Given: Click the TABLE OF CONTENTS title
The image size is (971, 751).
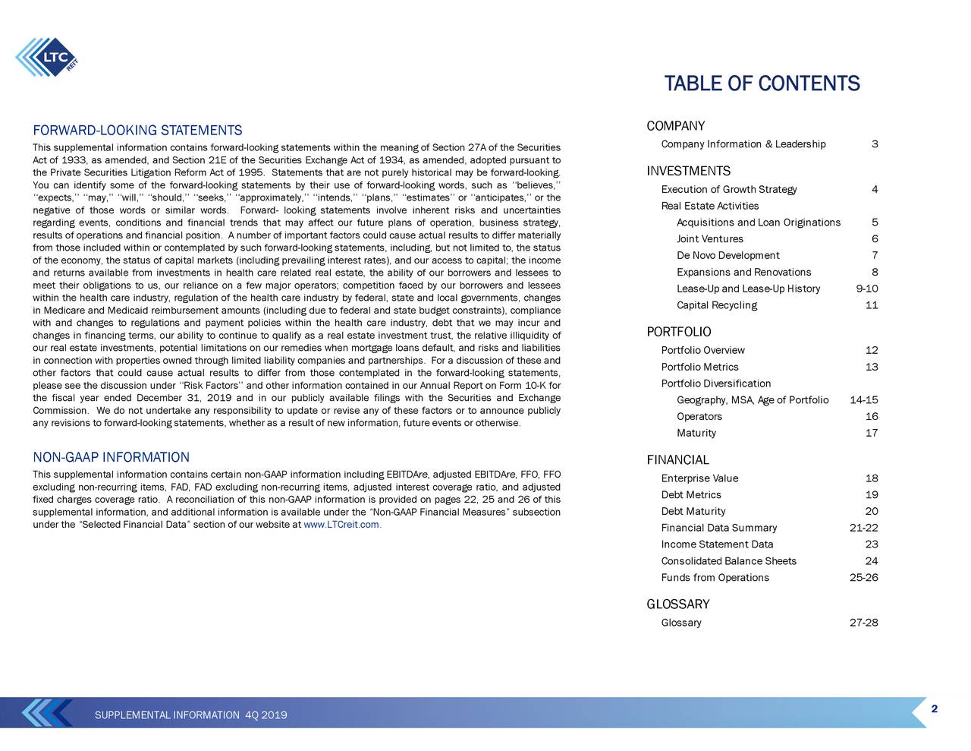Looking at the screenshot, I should coord(762,84).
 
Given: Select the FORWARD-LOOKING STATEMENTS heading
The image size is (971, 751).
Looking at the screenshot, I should coord(137,131).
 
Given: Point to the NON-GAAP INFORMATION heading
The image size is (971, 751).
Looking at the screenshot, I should coord(111,457).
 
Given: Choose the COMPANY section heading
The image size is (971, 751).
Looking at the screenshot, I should coord(675,126).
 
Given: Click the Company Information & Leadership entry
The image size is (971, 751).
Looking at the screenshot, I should coord(743,145).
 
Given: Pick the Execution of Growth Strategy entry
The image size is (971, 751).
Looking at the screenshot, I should coord(728,190).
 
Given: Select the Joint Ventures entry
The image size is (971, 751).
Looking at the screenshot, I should coord(709,239).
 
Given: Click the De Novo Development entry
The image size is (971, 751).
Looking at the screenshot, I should coord(727,256).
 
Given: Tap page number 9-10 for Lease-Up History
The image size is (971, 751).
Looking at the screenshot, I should coord(866,289).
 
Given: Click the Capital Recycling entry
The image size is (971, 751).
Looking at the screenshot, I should coord(716,305).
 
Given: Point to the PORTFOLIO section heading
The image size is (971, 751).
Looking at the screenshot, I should coord(678,332).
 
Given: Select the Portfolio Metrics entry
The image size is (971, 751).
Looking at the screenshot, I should coord(699,368).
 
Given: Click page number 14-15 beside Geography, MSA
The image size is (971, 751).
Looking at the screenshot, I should coord(864,400).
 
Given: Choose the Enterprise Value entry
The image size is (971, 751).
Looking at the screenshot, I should coord(699,478).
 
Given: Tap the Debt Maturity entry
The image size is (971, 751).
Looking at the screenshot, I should coord(693,511).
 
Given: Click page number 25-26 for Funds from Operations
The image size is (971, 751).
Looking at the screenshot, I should coord(864,578).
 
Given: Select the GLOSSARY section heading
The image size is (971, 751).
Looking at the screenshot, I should coord(677,604).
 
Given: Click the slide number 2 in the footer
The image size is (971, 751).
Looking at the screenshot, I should coord(935,709).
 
